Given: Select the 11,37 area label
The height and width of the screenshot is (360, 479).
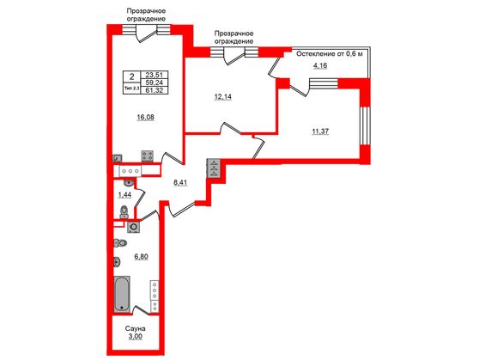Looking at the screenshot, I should pyautogui.click(x=318, y=131).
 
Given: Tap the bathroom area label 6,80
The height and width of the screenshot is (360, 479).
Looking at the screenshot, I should pyautogui.click(x=136, y=255).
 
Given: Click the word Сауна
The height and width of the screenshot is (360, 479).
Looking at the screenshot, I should pyautogui.click(x=134, y=329).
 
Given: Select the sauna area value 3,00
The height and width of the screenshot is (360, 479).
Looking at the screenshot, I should pyautogui.click(x=134, y=338).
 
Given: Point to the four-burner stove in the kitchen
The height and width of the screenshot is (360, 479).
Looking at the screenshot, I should pyautogui.click(x=147, y=156).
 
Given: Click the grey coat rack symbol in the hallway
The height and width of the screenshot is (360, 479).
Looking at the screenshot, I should pyautogui.click(x=213, y=168).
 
